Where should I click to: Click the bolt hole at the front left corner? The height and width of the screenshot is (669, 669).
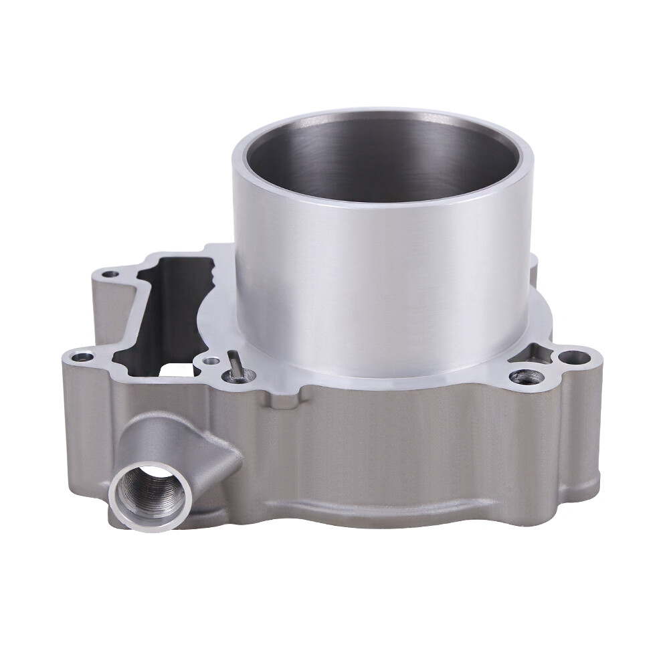(82, 357)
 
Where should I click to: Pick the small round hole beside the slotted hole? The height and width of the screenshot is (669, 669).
(211, 361)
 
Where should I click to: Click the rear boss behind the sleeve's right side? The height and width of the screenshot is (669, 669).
(533, 268)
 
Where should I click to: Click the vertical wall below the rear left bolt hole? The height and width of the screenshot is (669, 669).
(100, 308)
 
